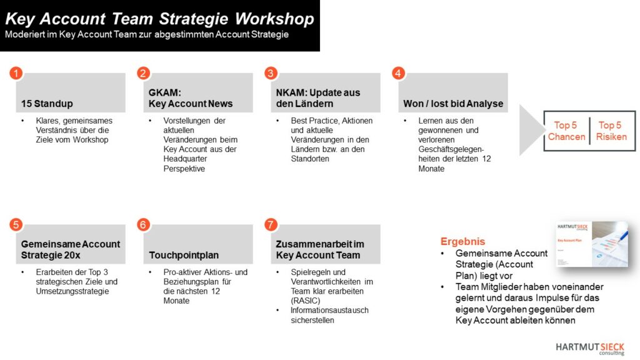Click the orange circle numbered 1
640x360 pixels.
pos(16,73)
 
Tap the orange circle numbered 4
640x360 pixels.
pos(398,73)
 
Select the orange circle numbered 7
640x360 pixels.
pos(271,224)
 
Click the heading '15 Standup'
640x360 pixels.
pos(47,103)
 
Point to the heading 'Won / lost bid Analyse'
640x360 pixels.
pos(452,103)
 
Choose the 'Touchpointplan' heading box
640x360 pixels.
pos(182,255)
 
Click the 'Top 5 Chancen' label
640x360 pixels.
pos(566,131)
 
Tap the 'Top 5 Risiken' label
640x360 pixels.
pos(611,131)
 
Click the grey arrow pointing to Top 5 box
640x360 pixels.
pos(530,129)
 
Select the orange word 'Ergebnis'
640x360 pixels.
pos(462,241)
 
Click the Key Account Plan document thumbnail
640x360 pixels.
pos(591,244)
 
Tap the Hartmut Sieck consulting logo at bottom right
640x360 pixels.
pos(590,348)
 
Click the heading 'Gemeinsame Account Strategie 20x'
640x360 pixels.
pos(70,249)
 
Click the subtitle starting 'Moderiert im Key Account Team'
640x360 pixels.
pos(147,35)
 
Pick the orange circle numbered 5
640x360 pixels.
pos(16,224)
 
